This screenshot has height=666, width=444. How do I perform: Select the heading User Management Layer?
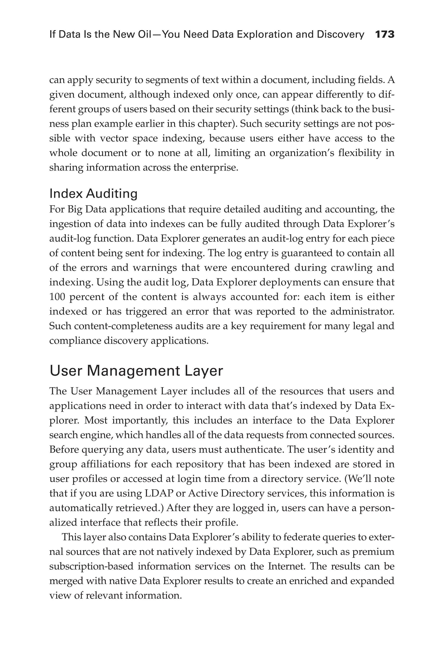point(136,371)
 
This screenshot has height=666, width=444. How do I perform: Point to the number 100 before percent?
point(57,297)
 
